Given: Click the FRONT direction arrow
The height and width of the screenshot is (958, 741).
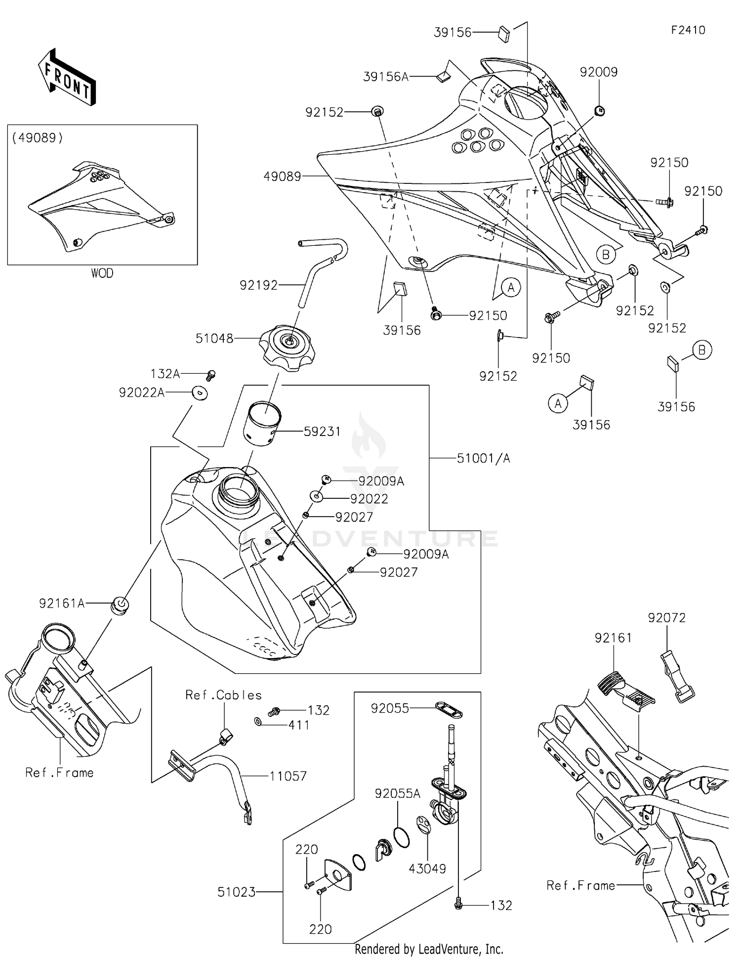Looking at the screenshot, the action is [67, 77].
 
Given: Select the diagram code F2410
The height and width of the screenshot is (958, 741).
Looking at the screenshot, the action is [688, 30].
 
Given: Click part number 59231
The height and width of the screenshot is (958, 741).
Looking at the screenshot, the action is [322, 432].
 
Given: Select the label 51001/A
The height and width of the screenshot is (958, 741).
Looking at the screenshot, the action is [483, 458].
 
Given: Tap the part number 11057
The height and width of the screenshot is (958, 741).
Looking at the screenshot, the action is [288, 776].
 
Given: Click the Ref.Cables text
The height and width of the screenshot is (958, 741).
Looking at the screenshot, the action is [223, 695].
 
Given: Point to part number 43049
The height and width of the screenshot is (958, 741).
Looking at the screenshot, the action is [427, 869].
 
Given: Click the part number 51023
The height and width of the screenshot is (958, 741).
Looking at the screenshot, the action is [237, 892].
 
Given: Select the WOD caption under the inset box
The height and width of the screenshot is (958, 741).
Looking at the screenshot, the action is [102, 273].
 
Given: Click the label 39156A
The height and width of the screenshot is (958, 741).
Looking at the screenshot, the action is [386, 77].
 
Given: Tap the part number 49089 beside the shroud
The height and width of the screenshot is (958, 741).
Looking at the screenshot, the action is [282, 176].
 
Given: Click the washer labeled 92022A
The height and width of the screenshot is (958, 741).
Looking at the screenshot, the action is [200, 393].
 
